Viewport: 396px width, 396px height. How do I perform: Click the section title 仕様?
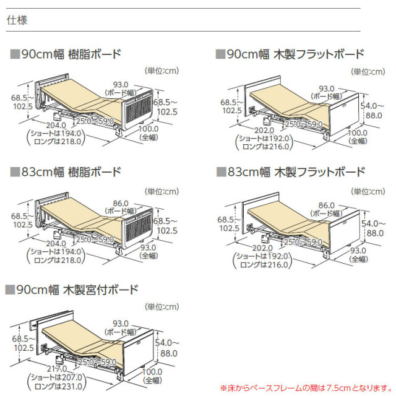click(x=16, y=20)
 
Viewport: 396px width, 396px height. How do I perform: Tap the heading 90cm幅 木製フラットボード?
click(x=295, y=54)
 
